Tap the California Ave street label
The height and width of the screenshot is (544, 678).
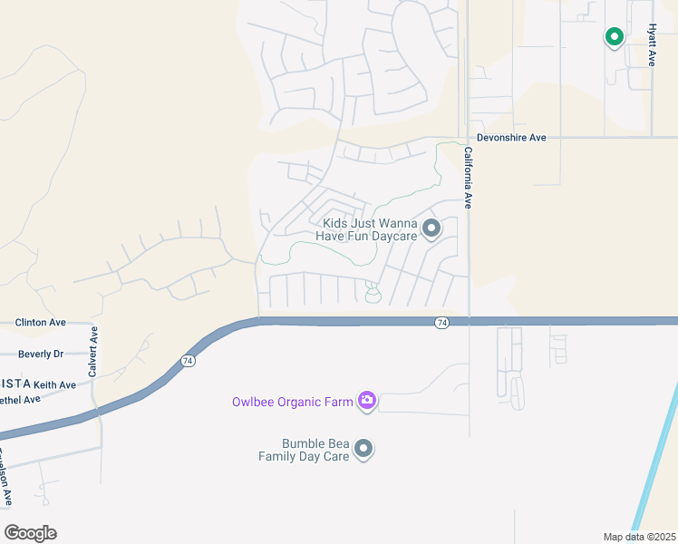[x=468, y=178]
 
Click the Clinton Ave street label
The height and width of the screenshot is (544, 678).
[x=41, y=322]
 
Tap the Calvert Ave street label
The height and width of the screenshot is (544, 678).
[x=92, y=352]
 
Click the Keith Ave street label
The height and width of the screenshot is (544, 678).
[x=55, y=385]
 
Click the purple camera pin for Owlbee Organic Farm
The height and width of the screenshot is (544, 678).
[x=366, y=401]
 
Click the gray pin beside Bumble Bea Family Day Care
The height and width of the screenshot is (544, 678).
[x=363, y=449]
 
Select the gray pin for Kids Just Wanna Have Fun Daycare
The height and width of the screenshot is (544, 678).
[x=431, y=228]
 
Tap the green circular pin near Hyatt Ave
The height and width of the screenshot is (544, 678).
[x=615, y=37]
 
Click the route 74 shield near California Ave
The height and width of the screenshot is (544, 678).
[x=441, y=323]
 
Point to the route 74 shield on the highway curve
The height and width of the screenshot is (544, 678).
[x=188, y=361]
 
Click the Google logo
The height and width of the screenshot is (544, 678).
[x=30, y=533]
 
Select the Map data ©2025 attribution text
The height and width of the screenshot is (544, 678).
[x=639, y=537]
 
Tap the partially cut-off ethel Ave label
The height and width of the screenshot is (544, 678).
[x=20, y=400]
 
